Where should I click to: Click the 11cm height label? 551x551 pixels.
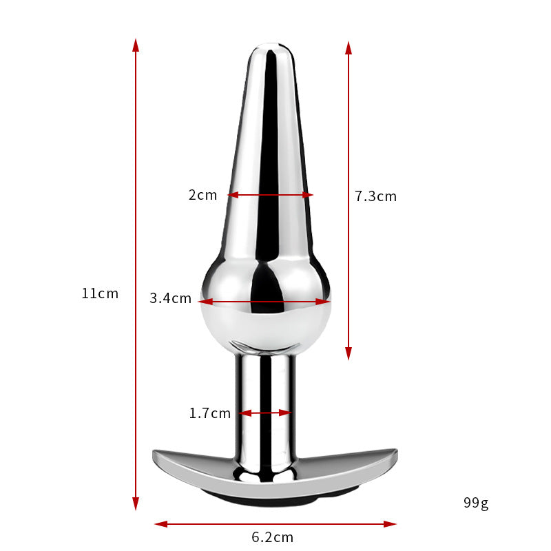[x=100, y=293]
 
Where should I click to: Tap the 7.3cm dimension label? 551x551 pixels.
[x=375, y=196]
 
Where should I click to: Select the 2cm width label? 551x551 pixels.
[x=202, y=195]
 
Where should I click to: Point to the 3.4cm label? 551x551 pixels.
[x=170, y=298]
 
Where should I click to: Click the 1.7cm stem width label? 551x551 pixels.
[x=210, y=413]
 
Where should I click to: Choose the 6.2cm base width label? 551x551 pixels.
[x=272, y=537]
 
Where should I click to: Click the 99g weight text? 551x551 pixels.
[x=476, y=503]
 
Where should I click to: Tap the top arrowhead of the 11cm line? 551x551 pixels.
[x=136, y=45]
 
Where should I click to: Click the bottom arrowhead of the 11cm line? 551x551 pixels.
[x=136, y=504]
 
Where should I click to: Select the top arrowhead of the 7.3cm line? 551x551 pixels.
[x=349, y=48]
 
